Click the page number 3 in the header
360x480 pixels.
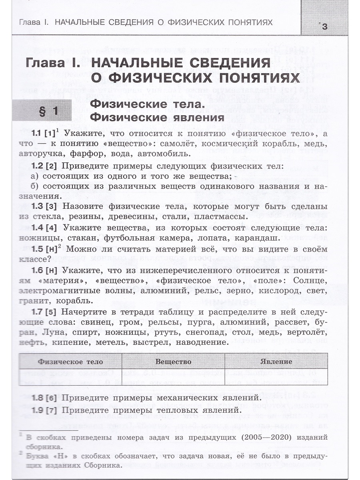[324, 27]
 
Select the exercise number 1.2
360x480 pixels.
[37, 166]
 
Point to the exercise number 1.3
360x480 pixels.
[37, 207]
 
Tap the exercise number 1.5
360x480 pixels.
[37, 249]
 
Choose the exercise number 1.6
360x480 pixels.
[37, 270]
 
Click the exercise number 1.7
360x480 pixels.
[37, 312]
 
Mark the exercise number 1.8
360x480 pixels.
[37, 398]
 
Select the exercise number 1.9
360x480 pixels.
[37, 410]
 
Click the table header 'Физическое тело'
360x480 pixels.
[70, 362]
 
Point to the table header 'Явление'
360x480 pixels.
[276, 362]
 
